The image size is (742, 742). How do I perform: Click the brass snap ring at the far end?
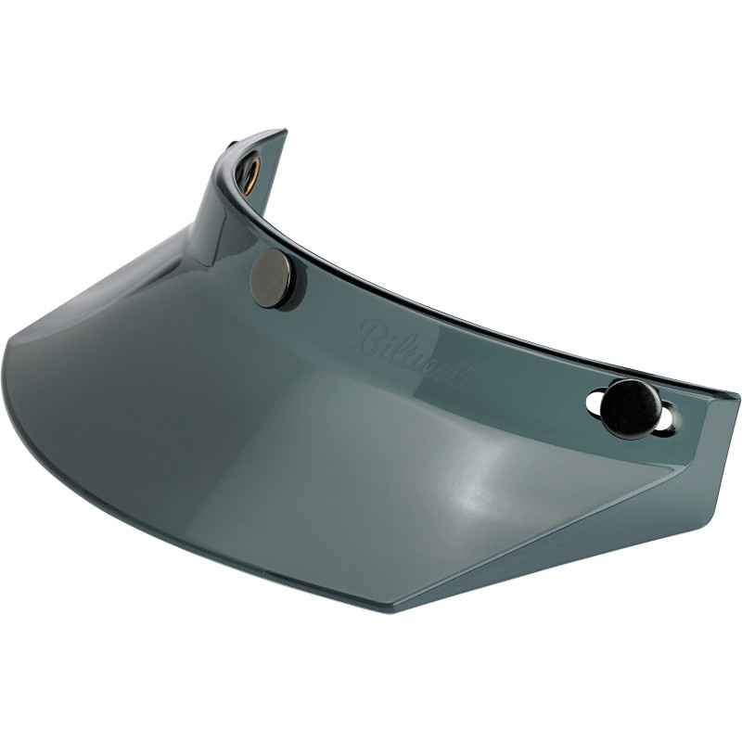(250, 173)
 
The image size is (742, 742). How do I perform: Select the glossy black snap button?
(632, 408)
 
